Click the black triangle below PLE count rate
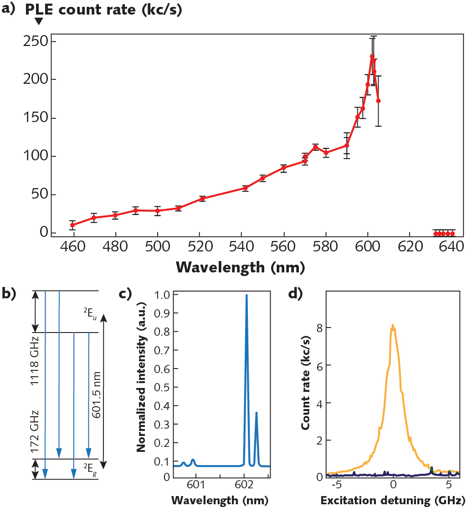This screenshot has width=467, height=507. click(x=39, y=21)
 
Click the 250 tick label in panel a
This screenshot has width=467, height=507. click(x=34, y=42)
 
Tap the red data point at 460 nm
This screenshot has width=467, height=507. click(x=73, y=225)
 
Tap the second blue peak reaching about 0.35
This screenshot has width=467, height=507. click(x=256, y=414)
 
